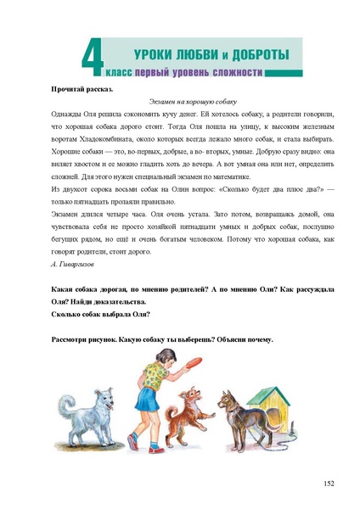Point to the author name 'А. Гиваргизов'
point(76,265)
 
